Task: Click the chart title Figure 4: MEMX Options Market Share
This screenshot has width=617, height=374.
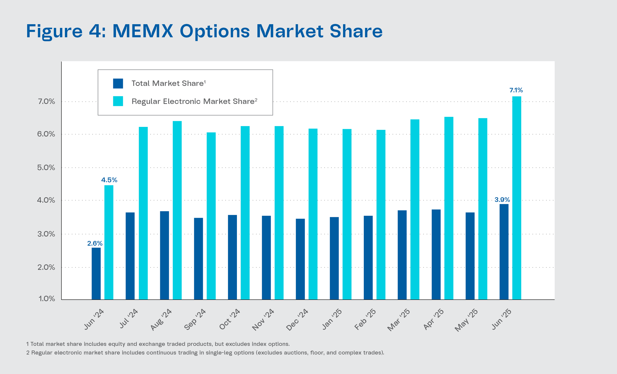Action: tap(204, 31)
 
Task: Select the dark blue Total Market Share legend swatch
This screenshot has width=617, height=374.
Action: tap(118, 83)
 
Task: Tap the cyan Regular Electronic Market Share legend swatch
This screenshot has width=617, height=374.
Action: tap(118, 101)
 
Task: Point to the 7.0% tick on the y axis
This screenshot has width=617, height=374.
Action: tap(46, 101)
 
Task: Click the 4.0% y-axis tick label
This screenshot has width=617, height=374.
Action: tap(46, 200)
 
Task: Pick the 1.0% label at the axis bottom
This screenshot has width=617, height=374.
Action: tap(47, 299)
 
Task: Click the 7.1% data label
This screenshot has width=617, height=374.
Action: tap(516, 90)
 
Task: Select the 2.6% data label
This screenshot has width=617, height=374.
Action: tap(95, 243)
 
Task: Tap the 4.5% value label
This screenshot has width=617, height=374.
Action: tap(109, 180)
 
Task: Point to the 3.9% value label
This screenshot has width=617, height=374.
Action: tap(502, 200)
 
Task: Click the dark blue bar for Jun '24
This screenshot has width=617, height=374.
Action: tap(96, 274)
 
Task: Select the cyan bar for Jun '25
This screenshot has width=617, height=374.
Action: tap(517, 198)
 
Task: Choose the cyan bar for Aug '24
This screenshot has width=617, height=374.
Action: tap(177, 210)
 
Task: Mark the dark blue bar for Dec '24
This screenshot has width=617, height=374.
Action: tap(300, 259)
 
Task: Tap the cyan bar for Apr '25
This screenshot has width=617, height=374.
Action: tap(449, 208)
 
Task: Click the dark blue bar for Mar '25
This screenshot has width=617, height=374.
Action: tap(402, 255)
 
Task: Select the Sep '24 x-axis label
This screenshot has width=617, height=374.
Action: tap(195, 319)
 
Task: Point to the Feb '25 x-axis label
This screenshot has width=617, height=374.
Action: tap(365, 319)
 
